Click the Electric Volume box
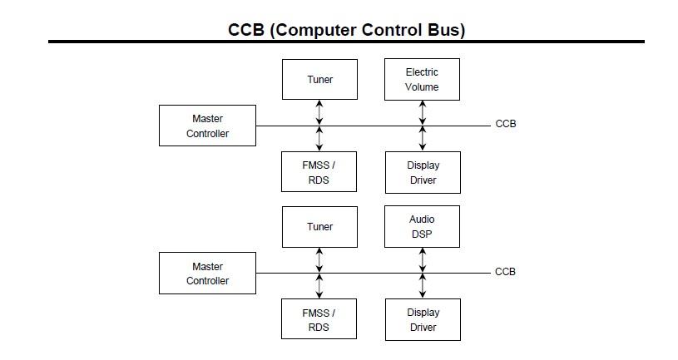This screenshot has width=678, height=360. coord(422,79)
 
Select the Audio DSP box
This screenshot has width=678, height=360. coord(422,226)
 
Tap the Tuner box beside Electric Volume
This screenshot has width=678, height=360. coord(319,79)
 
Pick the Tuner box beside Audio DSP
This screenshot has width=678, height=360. coord(319,226)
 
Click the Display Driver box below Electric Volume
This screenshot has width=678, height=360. coord(423,172)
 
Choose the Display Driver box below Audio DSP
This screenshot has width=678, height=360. coord(423,319)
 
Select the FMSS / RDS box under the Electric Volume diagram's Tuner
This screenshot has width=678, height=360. coord(319,172)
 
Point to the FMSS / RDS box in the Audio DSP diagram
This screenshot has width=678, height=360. coord(319,319)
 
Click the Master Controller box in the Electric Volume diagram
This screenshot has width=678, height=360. coord(207,126)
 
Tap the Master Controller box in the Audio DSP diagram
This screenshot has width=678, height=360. coord(207,274)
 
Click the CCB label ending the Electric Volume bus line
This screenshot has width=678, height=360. coord(505,125)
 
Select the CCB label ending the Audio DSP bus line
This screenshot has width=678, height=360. coord(505,272)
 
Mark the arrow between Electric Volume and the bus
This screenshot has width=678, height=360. coord(423,112)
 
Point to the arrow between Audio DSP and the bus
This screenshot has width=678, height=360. coord(423,259)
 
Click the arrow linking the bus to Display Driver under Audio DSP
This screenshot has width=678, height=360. coord(423,285)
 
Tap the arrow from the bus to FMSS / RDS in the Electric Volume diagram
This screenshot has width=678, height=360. coord(319,138)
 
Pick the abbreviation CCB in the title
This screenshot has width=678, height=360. coord(247,31)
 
